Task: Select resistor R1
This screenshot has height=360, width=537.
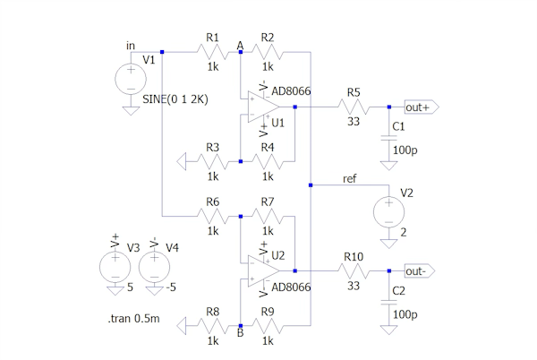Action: click(x=213, y=53)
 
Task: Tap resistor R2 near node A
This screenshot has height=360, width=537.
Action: click(x=268, y=53)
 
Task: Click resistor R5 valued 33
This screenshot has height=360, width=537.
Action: click(x=353, y=107)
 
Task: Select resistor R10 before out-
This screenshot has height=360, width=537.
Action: click(x=353, y=270)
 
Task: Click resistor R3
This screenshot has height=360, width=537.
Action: click(x=213, y=161)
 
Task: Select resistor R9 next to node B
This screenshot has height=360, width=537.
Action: click(x=268, y=325)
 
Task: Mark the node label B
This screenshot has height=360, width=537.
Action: click(x=240, y=334)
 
